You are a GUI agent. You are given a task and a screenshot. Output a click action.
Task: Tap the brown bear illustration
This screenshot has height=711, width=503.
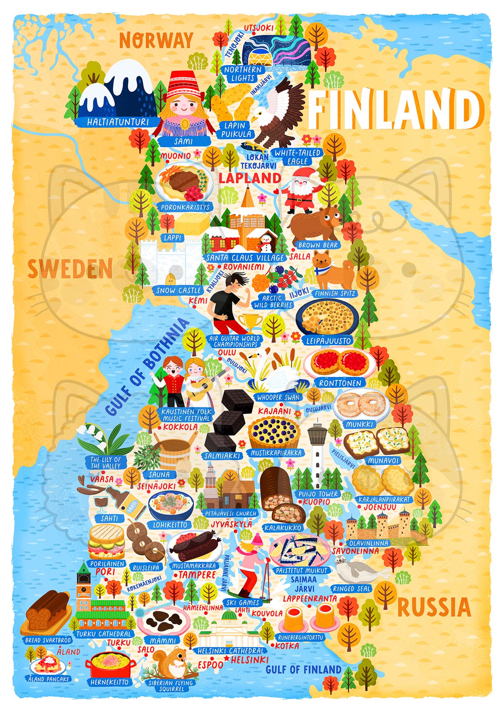pos(315,224)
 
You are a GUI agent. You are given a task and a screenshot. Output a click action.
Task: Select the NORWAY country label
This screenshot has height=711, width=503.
pos(156,40)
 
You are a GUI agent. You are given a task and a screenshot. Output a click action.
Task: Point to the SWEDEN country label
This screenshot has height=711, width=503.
pos(70,269)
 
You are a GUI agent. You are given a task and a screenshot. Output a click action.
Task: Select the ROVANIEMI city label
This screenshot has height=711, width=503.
pos(244,267)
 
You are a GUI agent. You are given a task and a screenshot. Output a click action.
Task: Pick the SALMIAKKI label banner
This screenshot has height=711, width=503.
pos(222,455)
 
